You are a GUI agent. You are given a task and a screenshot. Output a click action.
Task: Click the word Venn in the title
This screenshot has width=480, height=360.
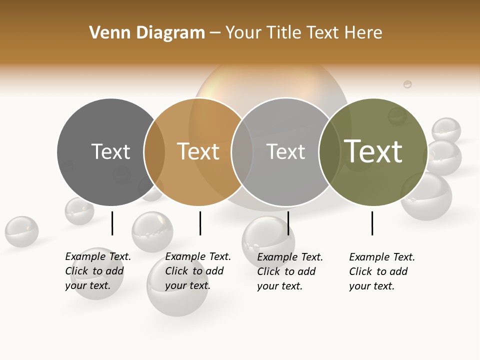pyautogui.click(x=106, y=33)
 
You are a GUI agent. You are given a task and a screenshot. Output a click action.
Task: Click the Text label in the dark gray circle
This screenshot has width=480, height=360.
pyautogui.click(x=110, y=151)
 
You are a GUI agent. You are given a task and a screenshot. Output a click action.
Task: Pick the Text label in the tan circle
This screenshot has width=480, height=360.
pyautogui.click(x=198, y=151)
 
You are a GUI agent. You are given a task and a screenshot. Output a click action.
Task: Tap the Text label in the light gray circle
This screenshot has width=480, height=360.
pyautogui.click(x=285, y=151)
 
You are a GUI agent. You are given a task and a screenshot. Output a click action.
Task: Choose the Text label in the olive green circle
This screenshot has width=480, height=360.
pyautogui.click(x=373, y=151)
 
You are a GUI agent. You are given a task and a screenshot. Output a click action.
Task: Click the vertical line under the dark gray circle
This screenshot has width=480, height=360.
pyautogui.click(x=112, y=223)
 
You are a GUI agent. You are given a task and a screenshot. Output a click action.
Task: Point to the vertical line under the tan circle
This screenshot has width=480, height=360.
pyautogui.click(x=200, y=223)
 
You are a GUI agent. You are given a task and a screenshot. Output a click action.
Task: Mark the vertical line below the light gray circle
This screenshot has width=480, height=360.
pyautogui.click(x=288, y=223)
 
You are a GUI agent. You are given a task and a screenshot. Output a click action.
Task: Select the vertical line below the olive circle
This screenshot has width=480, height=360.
pyautogui.click(x=372, y=223)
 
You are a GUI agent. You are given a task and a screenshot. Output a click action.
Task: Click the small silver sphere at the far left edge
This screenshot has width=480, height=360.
pyautogui.click(x=21, y=231)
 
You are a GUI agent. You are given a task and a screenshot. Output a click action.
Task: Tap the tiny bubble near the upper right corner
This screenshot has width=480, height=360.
pyautogui.click(x=407, y=84)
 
